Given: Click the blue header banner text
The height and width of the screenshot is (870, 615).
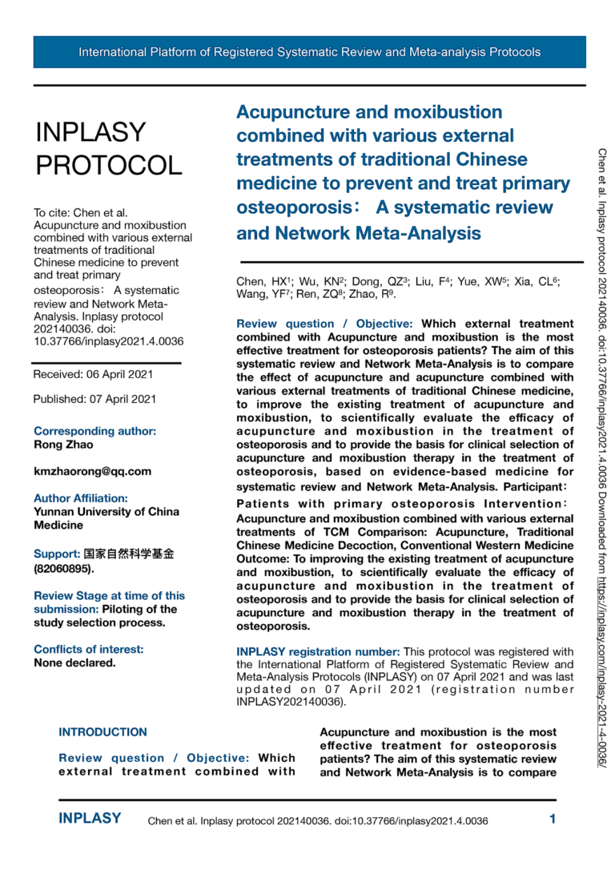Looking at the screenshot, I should point(309,52).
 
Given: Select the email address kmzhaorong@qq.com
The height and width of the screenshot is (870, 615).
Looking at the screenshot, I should point(92,471).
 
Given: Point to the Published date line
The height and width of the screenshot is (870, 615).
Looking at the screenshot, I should point(94,398).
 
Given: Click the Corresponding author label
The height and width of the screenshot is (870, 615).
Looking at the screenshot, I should point(94,431).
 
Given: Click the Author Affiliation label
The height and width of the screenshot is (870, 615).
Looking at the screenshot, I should point(81,498).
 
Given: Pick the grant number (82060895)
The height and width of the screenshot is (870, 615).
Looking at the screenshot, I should point(63,569).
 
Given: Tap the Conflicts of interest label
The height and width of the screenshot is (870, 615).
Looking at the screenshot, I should point(89,650).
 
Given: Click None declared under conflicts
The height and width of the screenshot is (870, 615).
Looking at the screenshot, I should point(74,663).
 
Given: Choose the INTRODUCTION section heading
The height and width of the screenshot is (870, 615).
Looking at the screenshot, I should point(102,731).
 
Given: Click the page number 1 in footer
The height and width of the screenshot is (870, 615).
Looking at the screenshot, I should point(553,819).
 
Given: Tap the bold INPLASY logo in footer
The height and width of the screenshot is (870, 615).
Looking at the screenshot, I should point(90,819).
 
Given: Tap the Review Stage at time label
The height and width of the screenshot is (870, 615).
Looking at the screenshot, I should point(109,595).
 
